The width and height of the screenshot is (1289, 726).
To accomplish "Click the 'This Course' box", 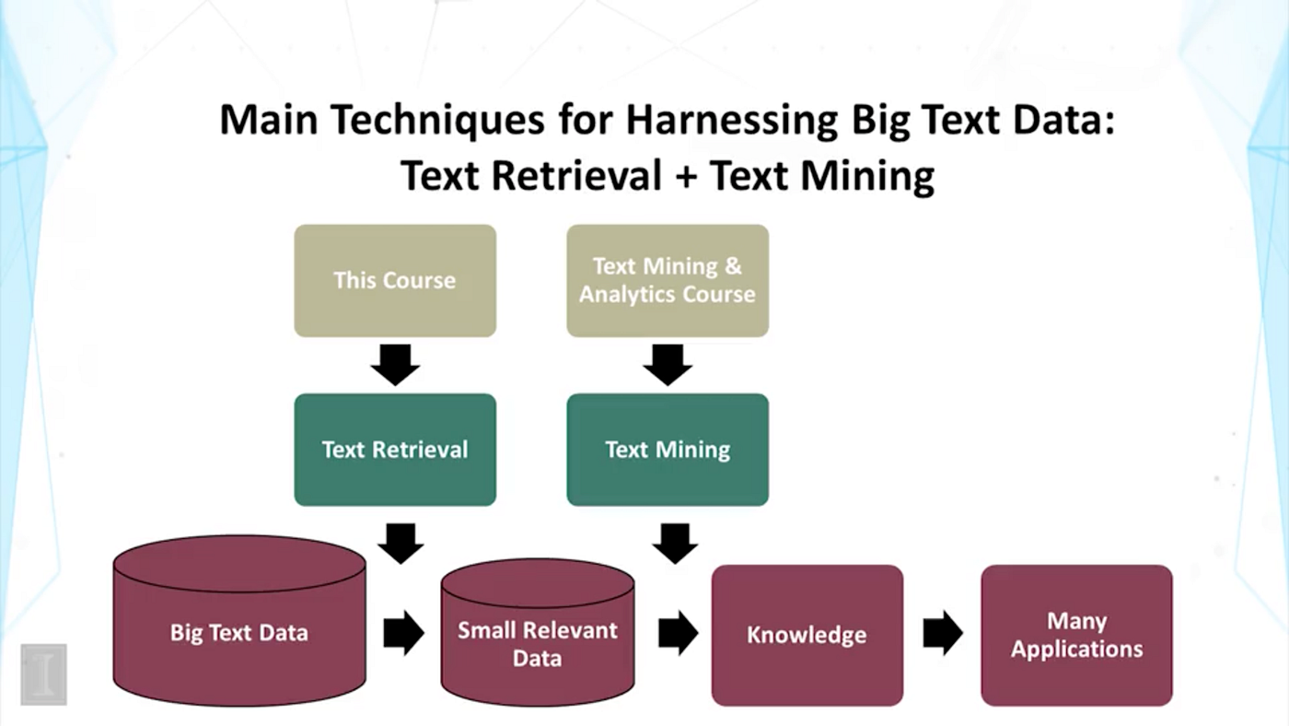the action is click(x=395, y=280).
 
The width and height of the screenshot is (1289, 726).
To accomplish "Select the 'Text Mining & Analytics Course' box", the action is click(x=668, y=280).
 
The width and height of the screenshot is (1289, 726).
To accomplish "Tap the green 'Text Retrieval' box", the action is click(x=395, y=450).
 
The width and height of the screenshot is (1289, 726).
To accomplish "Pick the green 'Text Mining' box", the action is click(x=668, y=450).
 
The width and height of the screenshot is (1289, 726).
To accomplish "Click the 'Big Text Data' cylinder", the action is click(x=239, y=632).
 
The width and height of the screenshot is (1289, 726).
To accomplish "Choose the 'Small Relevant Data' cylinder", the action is click(x=538, y=643).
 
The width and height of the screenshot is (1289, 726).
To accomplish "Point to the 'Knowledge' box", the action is click(x=807, y=635).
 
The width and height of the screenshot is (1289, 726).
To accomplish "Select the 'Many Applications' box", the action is click(x=1076, y=635).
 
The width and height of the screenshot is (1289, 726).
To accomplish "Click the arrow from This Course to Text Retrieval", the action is click(x=395, y=365).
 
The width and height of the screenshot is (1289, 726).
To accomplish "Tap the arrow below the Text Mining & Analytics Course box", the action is click(x=668, y=365).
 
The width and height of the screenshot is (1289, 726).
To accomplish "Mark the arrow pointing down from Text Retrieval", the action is click(x=401, y=544).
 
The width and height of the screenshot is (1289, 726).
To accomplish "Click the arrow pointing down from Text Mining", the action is click(x=675, y=544).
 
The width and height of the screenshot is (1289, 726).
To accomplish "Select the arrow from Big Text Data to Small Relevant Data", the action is click(x=403, y=633).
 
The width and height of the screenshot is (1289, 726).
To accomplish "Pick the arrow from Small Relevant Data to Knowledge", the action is click(x=678, y=633).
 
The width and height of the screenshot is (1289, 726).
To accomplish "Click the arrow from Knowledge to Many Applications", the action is click(x=943, y=633).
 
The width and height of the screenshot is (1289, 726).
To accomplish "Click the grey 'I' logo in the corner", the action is click(x=43, y=673).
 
